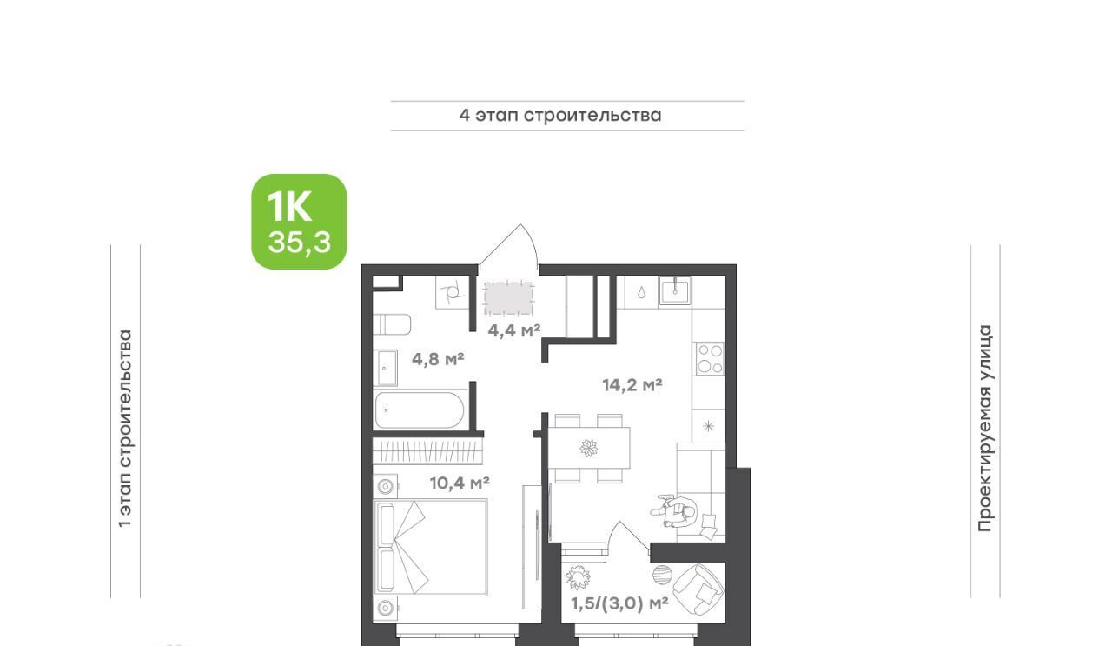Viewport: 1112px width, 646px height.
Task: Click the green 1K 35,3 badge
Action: point(299,222)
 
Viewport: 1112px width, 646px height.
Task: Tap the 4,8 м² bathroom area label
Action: point(438,359)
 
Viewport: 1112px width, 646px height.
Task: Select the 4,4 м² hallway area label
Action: point(513,330)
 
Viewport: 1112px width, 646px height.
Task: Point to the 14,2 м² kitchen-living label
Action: point(632,384)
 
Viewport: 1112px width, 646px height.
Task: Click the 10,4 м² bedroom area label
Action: point(460,483)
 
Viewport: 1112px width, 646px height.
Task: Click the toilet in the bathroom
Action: point(392,325)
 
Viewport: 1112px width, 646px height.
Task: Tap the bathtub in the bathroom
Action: point(420,410)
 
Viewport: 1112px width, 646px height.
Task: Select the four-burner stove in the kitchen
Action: point(710,358)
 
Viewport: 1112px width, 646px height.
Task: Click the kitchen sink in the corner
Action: point(675,290)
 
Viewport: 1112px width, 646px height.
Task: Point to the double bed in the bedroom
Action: point(430,547)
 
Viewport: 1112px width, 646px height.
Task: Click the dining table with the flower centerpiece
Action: point(589,448)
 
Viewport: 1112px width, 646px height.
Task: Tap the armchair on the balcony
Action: point(698,589)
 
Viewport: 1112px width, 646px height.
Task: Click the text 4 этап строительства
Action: point(560,116)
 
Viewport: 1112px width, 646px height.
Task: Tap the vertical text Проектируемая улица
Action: point(985,429)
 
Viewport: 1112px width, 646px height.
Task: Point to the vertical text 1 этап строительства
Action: point(125,429)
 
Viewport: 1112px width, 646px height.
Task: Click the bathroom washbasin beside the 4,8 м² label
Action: point(385,369)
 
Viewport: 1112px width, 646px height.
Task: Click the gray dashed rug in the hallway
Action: point(509,298)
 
